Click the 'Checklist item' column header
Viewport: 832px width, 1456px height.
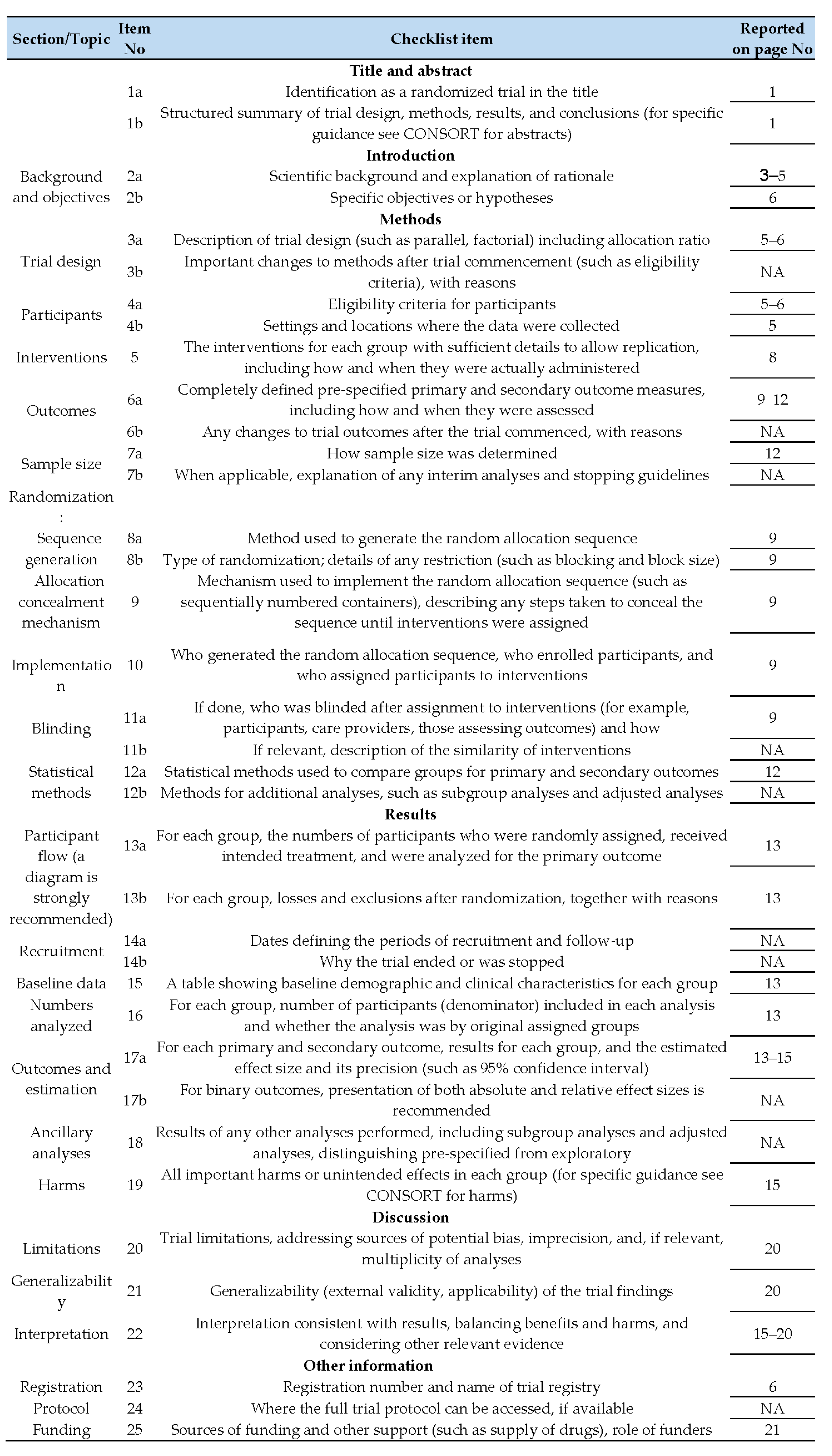(441, 39)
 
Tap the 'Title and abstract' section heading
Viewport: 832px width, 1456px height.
(410, 71)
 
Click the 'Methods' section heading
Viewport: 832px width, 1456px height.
(410, 219)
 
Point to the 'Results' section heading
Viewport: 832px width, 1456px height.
(410, 814)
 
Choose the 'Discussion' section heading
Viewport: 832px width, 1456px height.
(410, 1217)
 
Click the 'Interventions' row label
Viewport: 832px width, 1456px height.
(61, 358)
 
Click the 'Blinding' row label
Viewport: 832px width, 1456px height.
(61, 729)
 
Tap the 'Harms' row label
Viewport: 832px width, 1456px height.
(61, 1185)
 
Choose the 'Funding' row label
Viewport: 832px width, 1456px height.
(61, 1430)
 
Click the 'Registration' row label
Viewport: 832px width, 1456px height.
(61, 1387)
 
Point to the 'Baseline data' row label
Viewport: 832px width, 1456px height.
(61, 984)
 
